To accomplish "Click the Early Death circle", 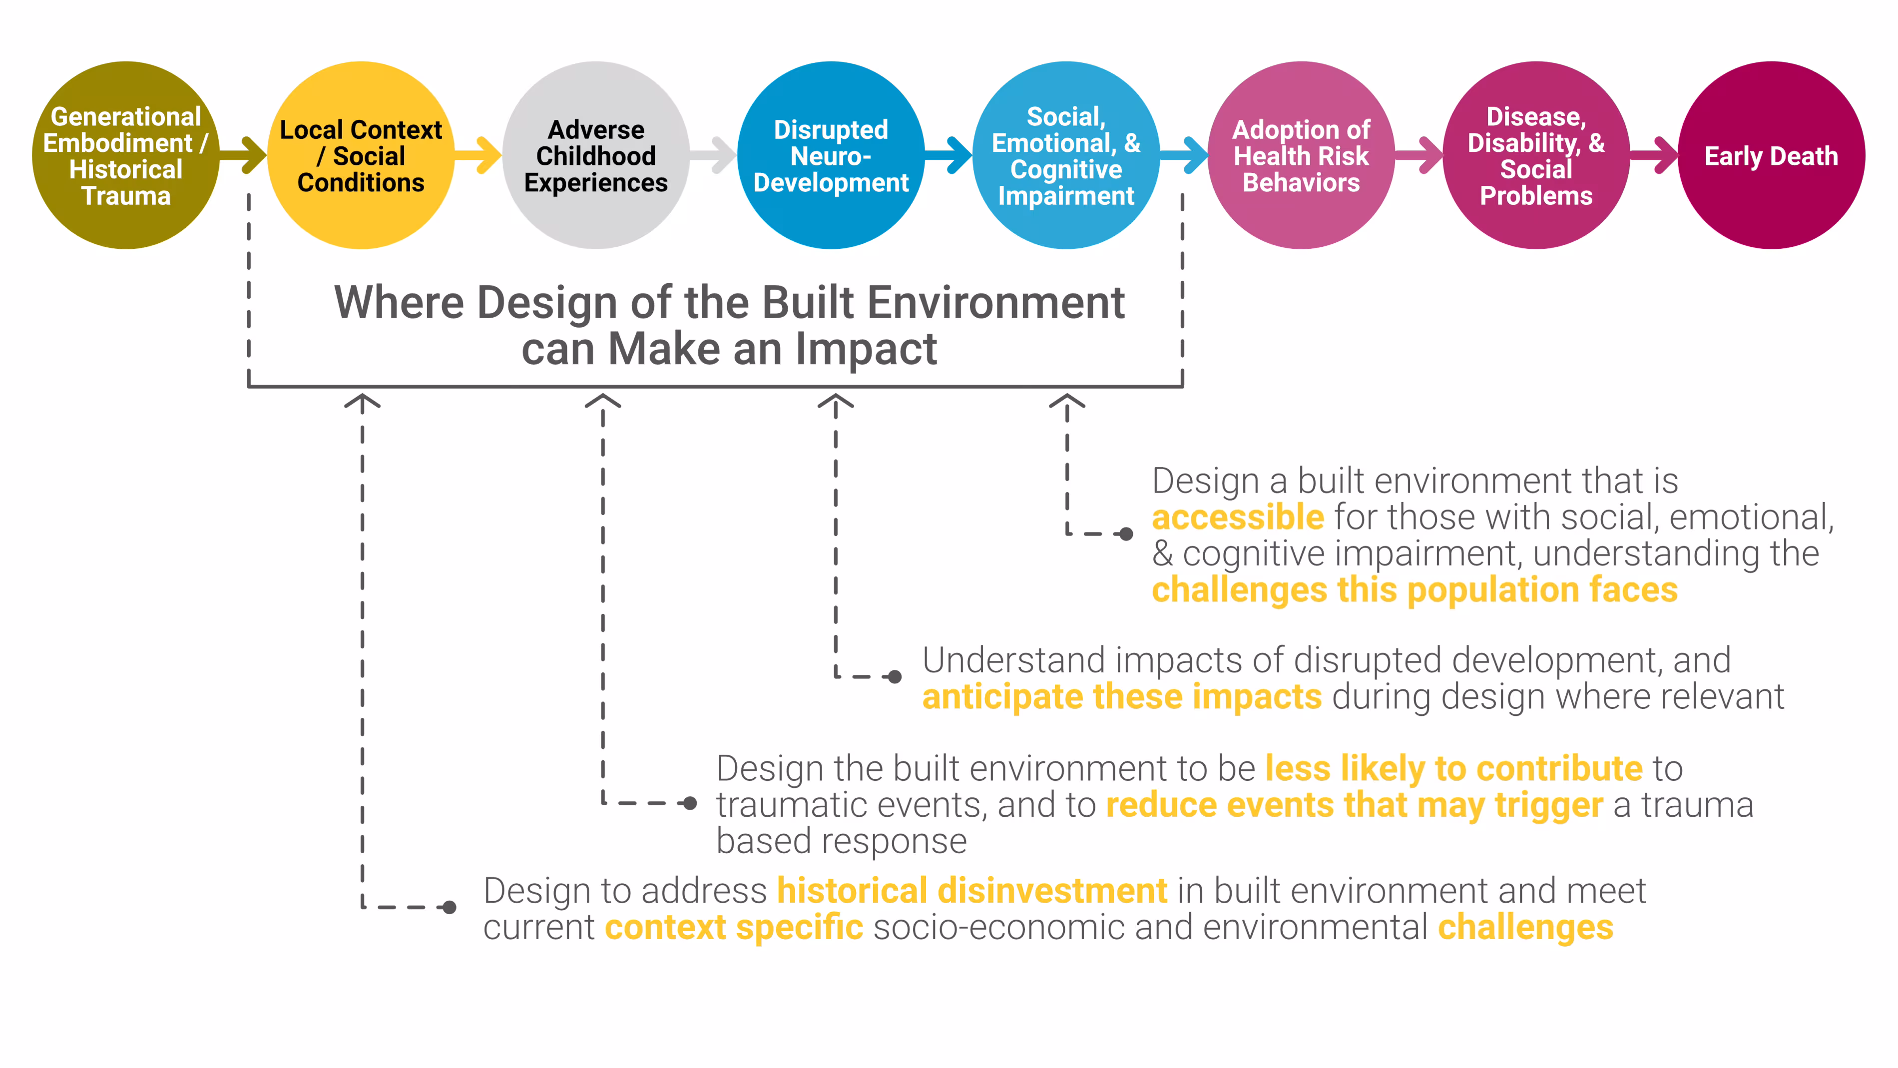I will pyautogui.click(x=1771, y=155).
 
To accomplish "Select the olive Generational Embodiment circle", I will pyautogui.click(x=126, y=155).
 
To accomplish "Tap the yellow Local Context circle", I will pyautogui.click(x=361, y=155).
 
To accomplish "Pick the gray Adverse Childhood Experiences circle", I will pyautogui.click(x=596, y=155).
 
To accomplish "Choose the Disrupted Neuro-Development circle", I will pyautogui.click(x=831, y=155).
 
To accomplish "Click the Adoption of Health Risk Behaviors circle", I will pyautogui.click(x=1301, y=155).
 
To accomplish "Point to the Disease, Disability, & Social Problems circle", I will pyautogui.click(x=1536, y=155).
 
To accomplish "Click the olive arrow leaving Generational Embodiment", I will pyautogui.click(x=245, y=155).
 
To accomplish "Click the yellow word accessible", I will pyautogui.click(x=1238, y=518).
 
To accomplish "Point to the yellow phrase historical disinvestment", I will pyautogui.click(x=972, y=891).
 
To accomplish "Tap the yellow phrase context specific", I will pyautogui.click(x=734, y=927).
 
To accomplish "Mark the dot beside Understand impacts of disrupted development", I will pyautogui.click(x=895, y=677).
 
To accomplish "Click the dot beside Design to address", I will pyautogui.click(x=450, y=907).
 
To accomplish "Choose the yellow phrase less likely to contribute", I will pyautogui.click(x=1453, y=769).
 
